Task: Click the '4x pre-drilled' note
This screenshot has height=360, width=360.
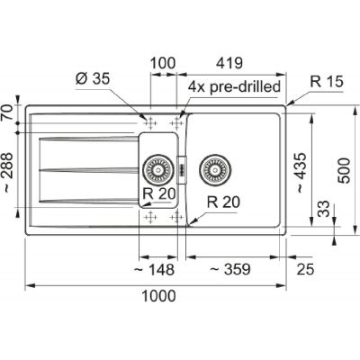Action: (234, 87)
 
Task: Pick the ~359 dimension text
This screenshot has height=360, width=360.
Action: (229, 268)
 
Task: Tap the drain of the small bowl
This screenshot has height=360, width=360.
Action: (158, 167)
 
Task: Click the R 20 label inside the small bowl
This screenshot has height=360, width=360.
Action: (157, 193)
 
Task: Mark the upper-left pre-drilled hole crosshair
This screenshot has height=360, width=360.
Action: (150, 121)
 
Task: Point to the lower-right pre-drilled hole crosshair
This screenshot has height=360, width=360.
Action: (176, 217)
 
